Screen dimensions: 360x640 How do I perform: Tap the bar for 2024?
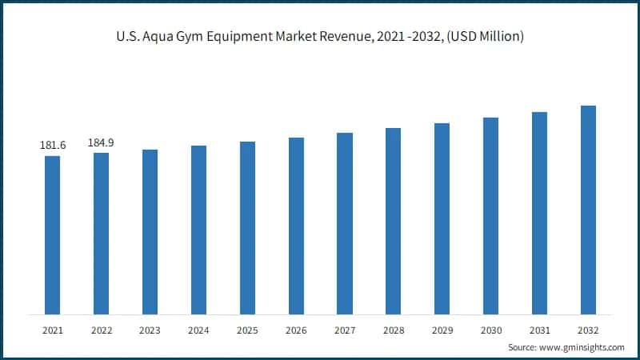(x=198, y=230)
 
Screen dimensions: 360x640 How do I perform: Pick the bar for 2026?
(x=296, y=226)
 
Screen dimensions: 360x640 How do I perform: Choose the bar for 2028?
(x=393, y=221)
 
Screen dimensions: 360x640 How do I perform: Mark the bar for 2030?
(x=490, y=215)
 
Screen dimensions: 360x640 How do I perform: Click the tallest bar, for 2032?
(x=588, y=210)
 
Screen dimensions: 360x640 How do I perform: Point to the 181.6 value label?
(x=53, y=145)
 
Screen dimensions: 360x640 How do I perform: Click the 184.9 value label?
(x=101, y=142)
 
